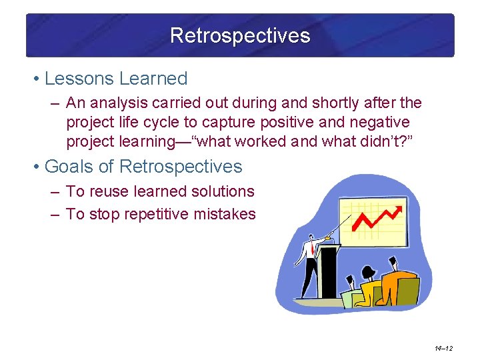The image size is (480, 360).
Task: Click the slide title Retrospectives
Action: (240, 35)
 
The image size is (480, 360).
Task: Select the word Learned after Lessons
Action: (153, 79)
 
